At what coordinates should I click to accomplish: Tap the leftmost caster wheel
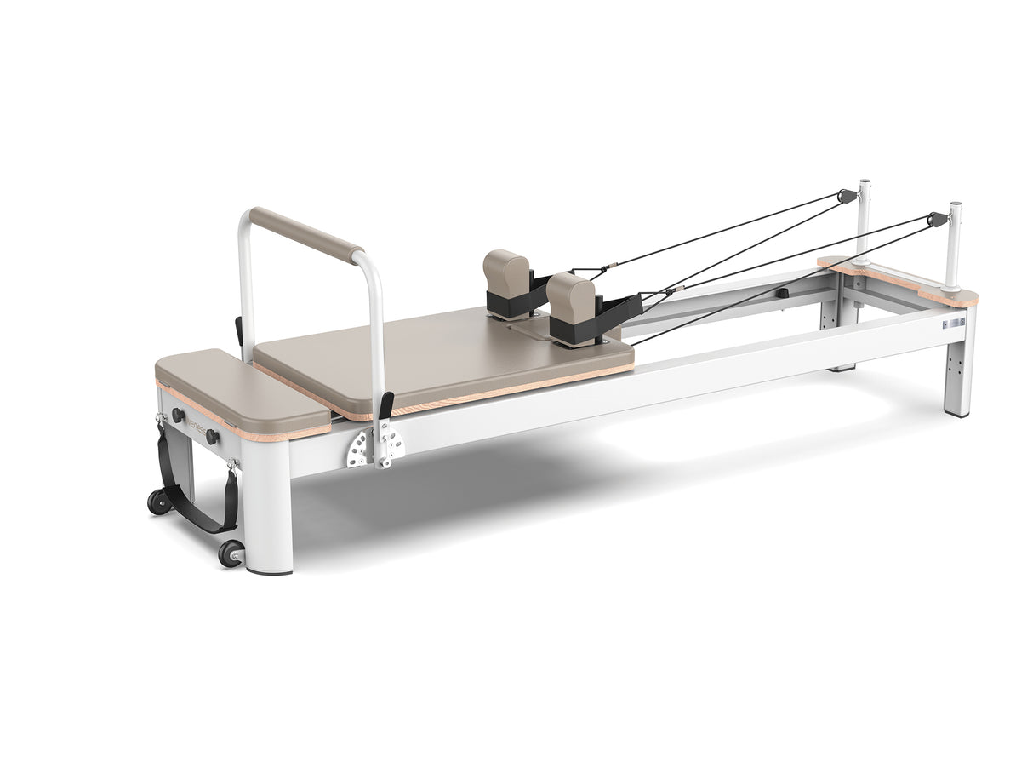click(159, 501)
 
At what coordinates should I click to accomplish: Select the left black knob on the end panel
click(178, 416)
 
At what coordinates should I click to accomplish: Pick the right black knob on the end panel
click(211, 437)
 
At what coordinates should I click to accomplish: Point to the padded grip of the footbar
click(306, 234)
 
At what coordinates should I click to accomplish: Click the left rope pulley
click(847, 196)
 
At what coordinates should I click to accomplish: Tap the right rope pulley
click(939, 219)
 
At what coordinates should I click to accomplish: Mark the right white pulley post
click(953, 247)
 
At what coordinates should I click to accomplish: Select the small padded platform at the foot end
click(242, 393)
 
